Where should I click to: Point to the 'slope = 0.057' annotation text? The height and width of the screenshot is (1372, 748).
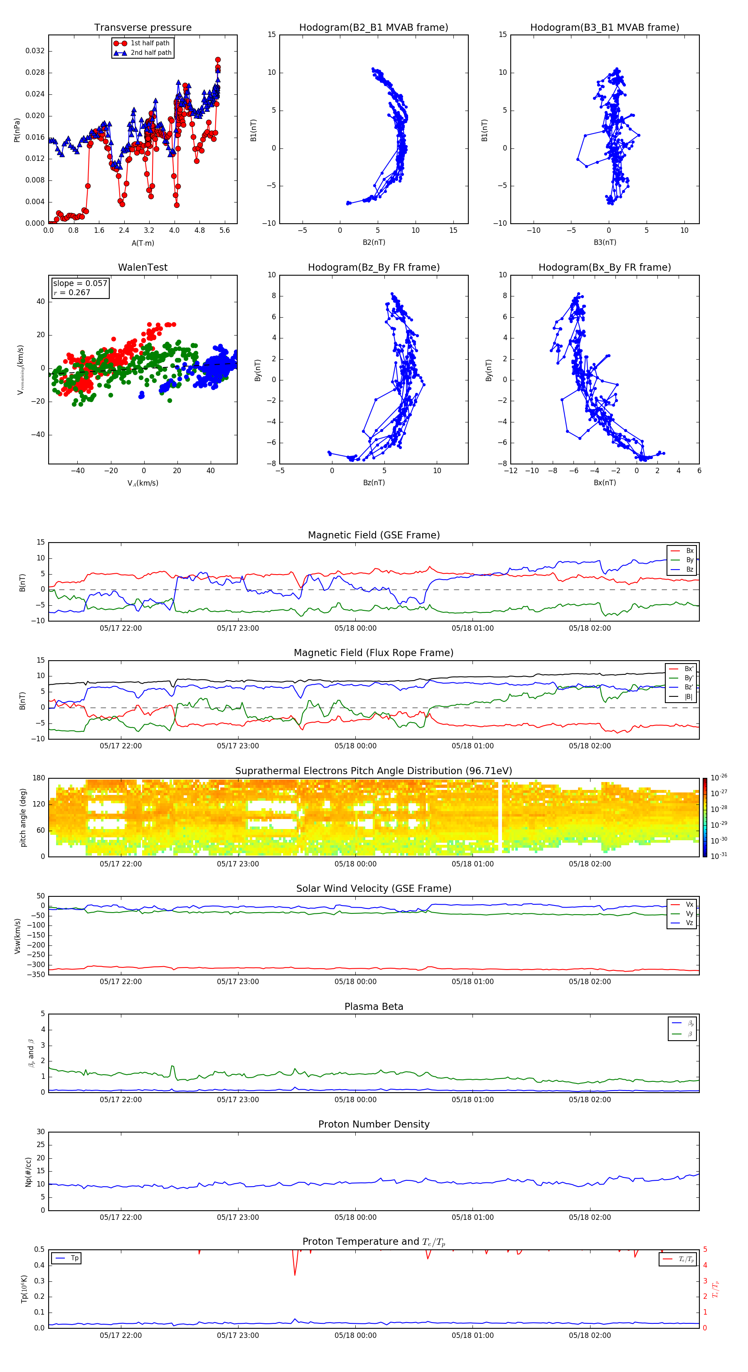coord(80,284)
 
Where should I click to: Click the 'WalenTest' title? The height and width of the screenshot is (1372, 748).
coord(143,267)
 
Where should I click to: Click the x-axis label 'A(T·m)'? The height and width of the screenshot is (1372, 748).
coord(143,243)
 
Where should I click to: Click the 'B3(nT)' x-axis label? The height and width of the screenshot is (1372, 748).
coord(605,242)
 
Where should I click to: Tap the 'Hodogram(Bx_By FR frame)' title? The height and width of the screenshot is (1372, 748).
coord(604,267)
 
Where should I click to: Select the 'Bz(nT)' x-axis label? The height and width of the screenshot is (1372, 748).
coord(374,483)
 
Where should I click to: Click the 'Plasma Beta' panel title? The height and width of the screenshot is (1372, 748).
coord(373,1007)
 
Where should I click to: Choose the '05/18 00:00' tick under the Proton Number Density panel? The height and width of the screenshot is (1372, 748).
coord(355,1217)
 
